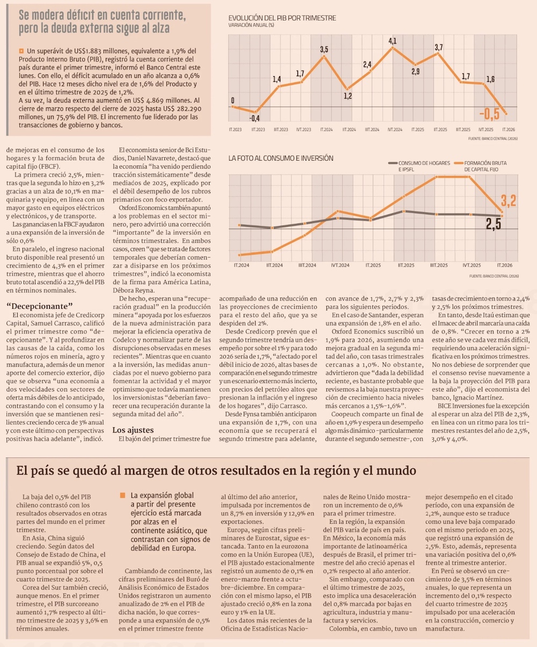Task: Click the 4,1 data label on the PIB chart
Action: pos(393,41)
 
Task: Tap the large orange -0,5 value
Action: pos(489,114)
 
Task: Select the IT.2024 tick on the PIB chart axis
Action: pos(326,129)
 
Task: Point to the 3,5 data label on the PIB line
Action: pos(324,49)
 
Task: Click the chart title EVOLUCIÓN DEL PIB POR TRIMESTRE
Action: pos(282,18)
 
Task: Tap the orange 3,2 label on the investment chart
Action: pos(509,201)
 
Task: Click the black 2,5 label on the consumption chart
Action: pos(494,224)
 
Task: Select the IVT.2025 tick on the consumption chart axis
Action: pos(471,265)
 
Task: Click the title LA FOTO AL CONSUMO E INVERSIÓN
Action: pos(281,158)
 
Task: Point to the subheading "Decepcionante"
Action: pos(39,306)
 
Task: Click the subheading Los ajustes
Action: pos(133,430)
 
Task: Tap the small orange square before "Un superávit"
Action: pos(21,51)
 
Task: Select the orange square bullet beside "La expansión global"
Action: pos(123,496)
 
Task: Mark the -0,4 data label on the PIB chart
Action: pos(255,118)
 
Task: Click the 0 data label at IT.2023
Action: pos(233,100)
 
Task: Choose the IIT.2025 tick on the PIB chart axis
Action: pos(440,129)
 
